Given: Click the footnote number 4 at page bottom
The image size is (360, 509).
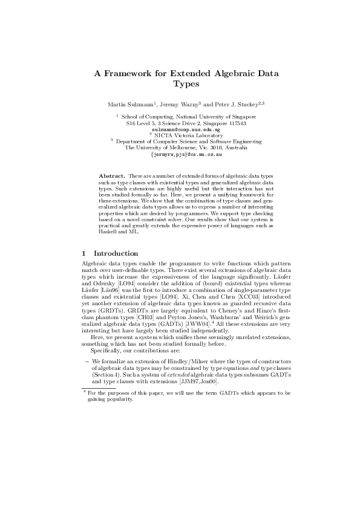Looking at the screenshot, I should [83, 392].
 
